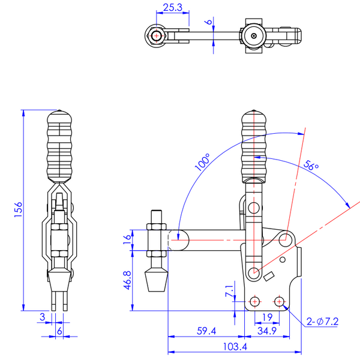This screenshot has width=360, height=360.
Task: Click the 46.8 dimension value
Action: (x=126, y=280)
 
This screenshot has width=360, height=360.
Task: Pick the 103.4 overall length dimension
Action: (x=233, y=346)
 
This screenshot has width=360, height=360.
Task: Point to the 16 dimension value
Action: (x=126, y=239)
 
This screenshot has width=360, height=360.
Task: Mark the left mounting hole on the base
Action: (x=256, y=300)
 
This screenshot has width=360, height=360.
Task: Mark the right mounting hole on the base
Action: (x=279, y=300)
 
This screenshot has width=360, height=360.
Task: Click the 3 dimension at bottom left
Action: (x=42, y=316)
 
